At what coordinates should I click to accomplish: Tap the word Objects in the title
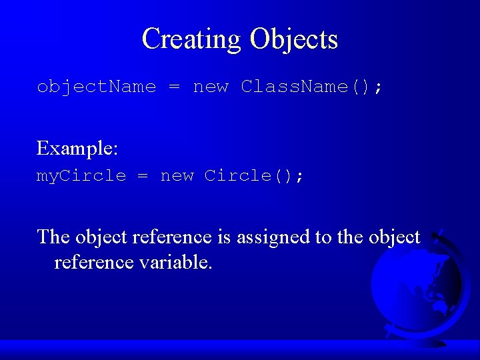coord(294,39)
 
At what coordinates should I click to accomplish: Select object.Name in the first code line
coord(96,87)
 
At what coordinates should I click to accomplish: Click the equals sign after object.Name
coord(175,87)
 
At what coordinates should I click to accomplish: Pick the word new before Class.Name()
coord(211,87)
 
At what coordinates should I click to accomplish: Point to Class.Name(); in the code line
coord(312,87)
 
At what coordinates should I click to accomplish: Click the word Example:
coord(77,148)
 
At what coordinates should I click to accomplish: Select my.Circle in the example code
coord(81,176)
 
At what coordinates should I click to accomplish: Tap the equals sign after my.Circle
coord(143,176)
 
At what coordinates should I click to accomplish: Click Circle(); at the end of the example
coord(254,176)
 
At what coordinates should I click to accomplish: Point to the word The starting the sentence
coord(53,237)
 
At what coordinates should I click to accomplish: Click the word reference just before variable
coord(94,263)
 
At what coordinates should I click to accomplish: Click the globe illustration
coord(417,287)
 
